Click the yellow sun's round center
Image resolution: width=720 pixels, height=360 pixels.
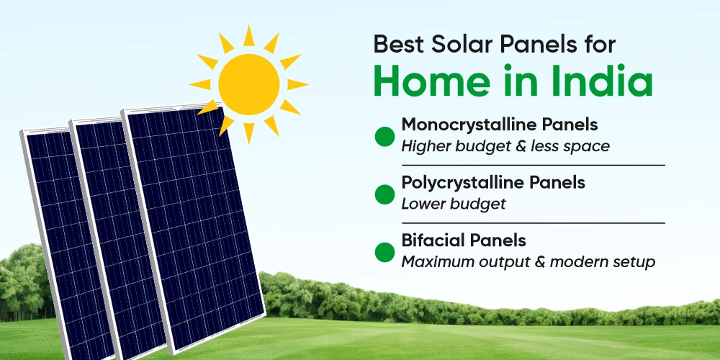click(248, 84)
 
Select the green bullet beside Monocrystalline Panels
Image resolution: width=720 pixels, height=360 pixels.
click(385, 136)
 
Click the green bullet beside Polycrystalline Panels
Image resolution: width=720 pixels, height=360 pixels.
click(385, 194)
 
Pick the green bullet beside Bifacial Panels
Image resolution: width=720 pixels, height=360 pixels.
click(385, 251)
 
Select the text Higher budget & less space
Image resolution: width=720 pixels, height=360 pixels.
click(505, 147)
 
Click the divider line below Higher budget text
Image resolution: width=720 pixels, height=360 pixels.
click(533, 165)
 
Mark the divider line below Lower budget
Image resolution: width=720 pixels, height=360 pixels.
click(533, 222)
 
